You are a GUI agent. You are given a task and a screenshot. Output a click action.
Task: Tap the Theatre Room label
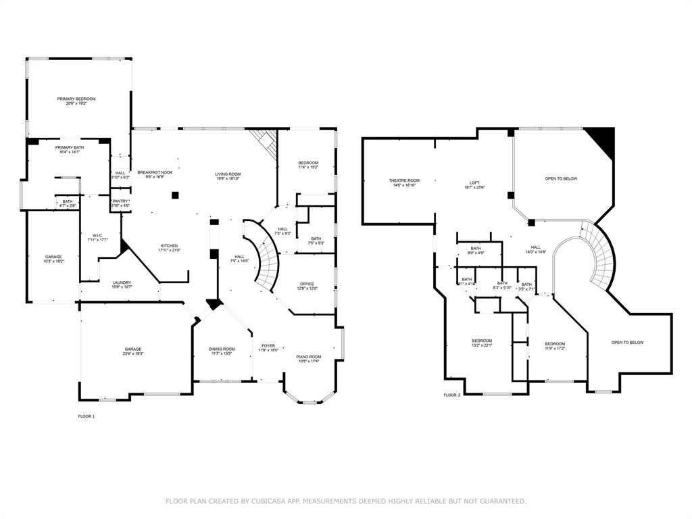coord(404,180)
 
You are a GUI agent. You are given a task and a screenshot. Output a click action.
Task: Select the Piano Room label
coord(308,356)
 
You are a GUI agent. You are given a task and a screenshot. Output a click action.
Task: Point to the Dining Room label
coord(221,349)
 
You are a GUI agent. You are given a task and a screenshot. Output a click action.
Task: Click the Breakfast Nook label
coord(155,172)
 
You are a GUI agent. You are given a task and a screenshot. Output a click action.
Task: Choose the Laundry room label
coord(122,282)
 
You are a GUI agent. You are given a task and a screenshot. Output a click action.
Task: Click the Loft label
coord(474,182)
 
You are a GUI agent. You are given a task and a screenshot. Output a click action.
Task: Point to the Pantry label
coord(120,201)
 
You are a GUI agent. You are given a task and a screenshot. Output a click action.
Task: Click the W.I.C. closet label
coord(98,235)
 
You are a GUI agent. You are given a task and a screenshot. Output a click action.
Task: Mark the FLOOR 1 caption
coord(86,416)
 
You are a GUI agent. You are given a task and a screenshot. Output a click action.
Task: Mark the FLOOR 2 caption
coord(451,395)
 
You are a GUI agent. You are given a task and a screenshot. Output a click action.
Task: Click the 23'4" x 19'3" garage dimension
coord(132,353)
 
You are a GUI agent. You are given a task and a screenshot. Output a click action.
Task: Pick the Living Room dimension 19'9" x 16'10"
coord(228,178)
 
